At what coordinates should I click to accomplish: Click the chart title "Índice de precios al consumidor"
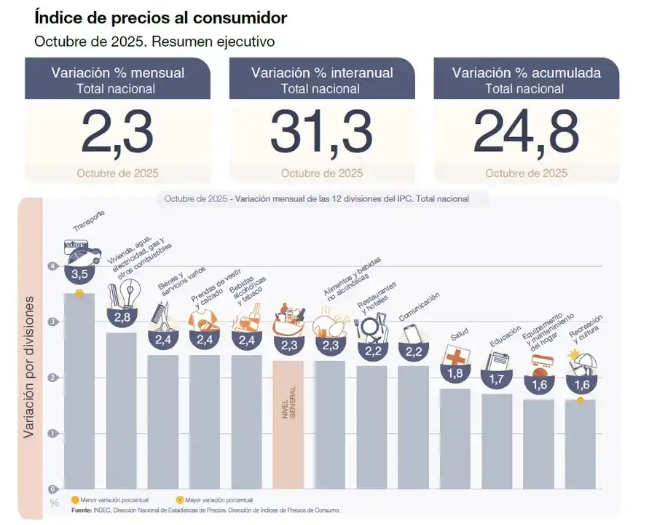pyautogui.click(x=161, y=17)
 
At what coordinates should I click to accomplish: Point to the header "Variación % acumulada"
pyautogui.click(x=526, y=72)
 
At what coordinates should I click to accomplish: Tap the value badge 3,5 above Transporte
pyautogui.click(x=79, y=274)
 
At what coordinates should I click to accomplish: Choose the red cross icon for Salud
pyautogui.click(x=456, y=357)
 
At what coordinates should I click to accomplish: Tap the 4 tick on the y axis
pyautogui.click(x=52, y=267)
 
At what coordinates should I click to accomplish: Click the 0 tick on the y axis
pyautogui.click(x=52, y=489)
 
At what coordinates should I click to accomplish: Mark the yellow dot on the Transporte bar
pyautogui.click(x=79, y=293)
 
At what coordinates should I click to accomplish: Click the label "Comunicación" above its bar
pyautogui.click(x=420, y=307)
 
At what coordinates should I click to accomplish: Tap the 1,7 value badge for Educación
pyautogui.click(x=497, y=379)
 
